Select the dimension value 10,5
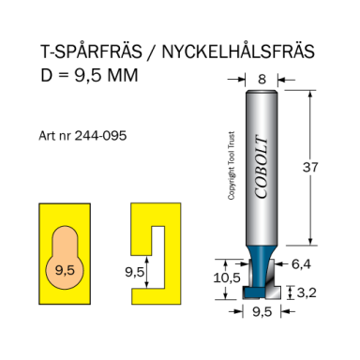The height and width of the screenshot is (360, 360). click(x=223, y=277)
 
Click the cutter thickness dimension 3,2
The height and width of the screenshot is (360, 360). click(x=309, y=292)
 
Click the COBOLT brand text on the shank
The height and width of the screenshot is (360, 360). click(x=262, y=178)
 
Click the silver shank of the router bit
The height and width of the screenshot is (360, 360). click(x=262, y=150)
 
